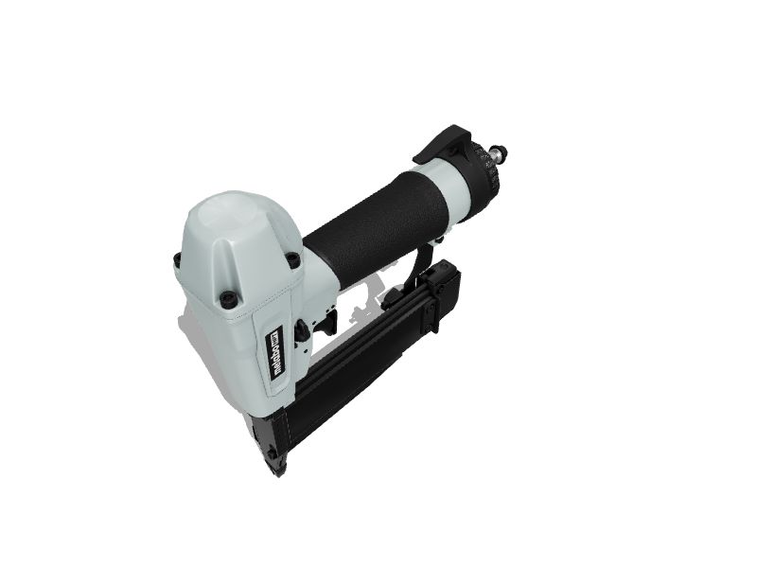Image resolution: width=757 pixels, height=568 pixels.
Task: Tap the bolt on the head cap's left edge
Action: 178,260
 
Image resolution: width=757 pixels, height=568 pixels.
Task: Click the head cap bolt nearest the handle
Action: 292,257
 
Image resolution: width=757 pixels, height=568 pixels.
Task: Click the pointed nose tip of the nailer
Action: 277,470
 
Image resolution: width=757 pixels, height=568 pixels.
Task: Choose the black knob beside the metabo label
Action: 302,330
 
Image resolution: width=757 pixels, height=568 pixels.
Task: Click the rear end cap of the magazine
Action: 441,289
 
